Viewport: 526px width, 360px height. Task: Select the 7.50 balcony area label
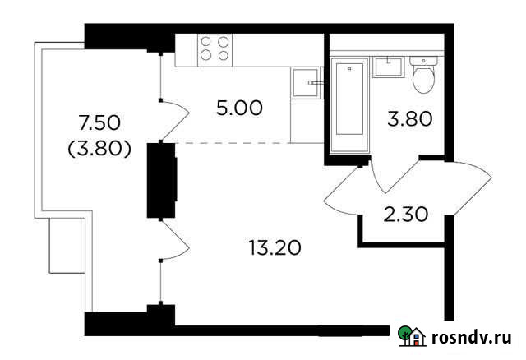(99, 124)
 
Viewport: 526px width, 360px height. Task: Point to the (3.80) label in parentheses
(99, 150)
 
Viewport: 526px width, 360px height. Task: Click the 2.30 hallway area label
(407, 217)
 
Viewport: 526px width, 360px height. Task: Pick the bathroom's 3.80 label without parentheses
(410, 120)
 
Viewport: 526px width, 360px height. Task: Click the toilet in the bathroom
(423, 77)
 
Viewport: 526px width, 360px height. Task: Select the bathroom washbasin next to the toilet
(386, 67)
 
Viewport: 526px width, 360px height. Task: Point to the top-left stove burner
(206, 41)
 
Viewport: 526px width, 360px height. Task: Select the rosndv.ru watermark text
(471, 336)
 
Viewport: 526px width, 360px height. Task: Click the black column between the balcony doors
(161, 179)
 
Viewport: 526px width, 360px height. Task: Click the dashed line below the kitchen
(234, 143)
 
